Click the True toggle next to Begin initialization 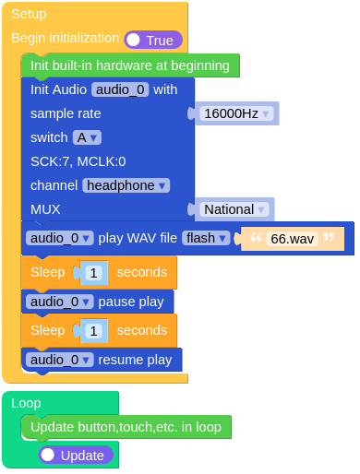[x=153, y=40]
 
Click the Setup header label [x=29, y=14]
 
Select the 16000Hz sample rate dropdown [x=237, y=113]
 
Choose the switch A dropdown [x=87, y=137]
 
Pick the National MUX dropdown [x=234, y=209]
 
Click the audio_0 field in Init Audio [x=120, y=89]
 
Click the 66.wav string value [x=292, y=239]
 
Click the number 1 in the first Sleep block [x=94, y=273]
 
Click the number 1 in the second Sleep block [x=94, y=330]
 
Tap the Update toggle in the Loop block [x=76, y=455]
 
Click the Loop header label [x=26, y=403]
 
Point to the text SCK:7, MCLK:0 [x=78, y=161]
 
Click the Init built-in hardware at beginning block [x=129, y=65]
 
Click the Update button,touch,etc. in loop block [x=126, y=427]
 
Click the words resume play [x=135, y=360]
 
